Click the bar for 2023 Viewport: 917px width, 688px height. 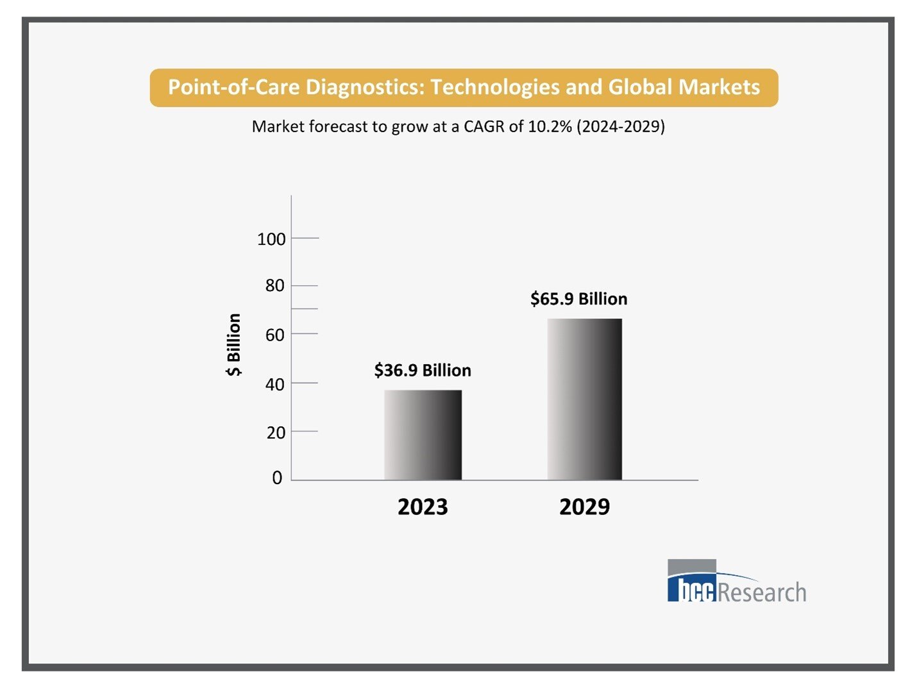coord(423,435)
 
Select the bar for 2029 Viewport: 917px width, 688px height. coord(584,399)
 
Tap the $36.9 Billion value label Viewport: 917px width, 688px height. coord(423,370)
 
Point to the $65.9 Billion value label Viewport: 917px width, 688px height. coord(578,299)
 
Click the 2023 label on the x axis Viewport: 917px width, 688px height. coord(423,507)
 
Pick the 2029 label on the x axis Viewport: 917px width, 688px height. coord(584,507)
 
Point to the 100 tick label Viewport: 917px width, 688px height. coord(271,239)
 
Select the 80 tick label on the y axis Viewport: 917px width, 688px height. coord(274,285)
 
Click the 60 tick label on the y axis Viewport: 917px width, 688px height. coord(274,335)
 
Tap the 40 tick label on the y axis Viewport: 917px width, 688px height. coord(274,384)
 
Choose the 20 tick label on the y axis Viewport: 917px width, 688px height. coord(275,433)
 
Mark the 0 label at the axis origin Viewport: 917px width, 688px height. coord(277,478)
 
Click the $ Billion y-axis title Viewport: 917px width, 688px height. coord(234,344)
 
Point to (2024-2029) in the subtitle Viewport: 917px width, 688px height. coord(621,126)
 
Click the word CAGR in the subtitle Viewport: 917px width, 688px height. coord(484,126)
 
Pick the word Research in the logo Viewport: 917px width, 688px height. coord(762,592)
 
